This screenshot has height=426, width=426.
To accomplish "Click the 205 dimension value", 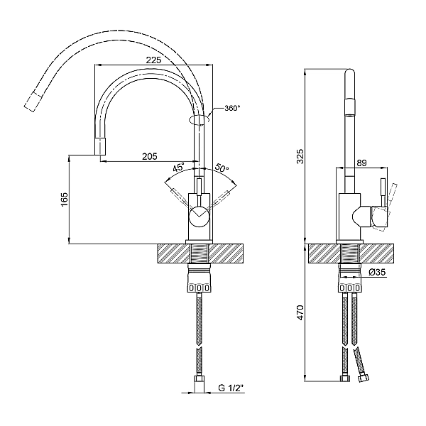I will tap(149, 156).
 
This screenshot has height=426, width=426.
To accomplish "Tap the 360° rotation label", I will tap(232, 108).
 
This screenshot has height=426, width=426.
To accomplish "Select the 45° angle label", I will tap(178, 168).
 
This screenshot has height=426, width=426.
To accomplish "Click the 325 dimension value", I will tap(300, 158).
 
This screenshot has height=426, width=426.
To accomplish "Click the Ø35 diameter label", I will tap(378, 272).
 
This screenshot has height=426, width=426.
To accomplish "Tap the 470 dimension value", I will tap(300, 311).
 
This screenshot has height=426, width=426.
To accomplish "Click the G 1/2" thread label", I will tap(231, 388).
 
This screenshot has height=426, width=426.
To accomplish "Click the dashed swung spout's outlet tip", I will tap(31, 104).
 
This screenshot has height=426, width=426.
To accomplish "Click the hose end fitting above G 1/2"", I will tap(200, 383).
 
